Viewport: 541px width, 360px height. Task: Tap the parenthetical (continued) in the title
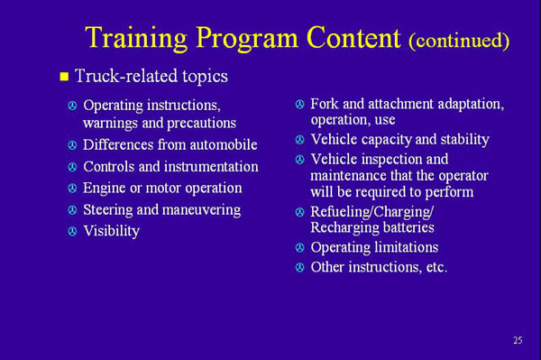[459, 41]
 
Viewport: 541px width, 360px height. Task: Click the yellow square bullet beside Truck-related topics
[64, 77]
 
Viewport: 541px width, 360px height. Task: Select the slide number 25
[518, 340]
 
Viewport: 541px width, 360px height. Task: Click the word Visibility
[111, 231]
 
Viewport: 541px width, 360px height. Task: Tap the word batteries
[405, 227]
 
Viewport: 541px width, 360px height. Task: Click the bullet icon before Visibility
[72, 232]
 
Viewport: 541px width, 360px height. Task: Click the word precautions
[199, 123]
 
